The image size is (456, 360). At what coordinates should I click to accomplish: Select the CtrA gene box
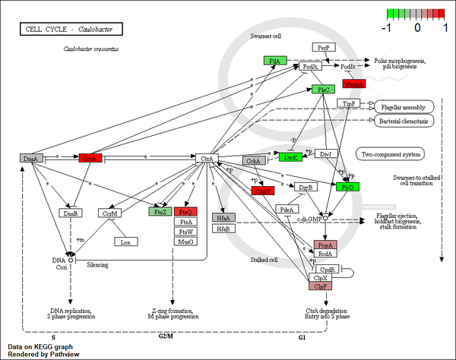click(x=207, y=159)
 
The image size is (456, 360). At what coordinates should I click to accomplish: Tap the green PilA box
click(x=275, y=60)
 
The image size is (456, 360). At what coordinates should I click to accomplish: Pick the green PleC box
click(x=322, y=90)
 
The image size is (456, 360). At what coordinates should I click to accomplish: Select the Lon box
click(x=125, y=242)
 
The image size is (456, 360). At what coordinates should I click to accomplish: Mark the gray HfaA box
click(x=223, y=217)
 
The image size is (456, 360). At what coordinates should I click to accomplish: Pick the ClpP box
click(x=320, y=286)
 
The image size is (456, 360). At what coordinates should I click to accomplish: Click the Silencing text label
click(x=97, y=265)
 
